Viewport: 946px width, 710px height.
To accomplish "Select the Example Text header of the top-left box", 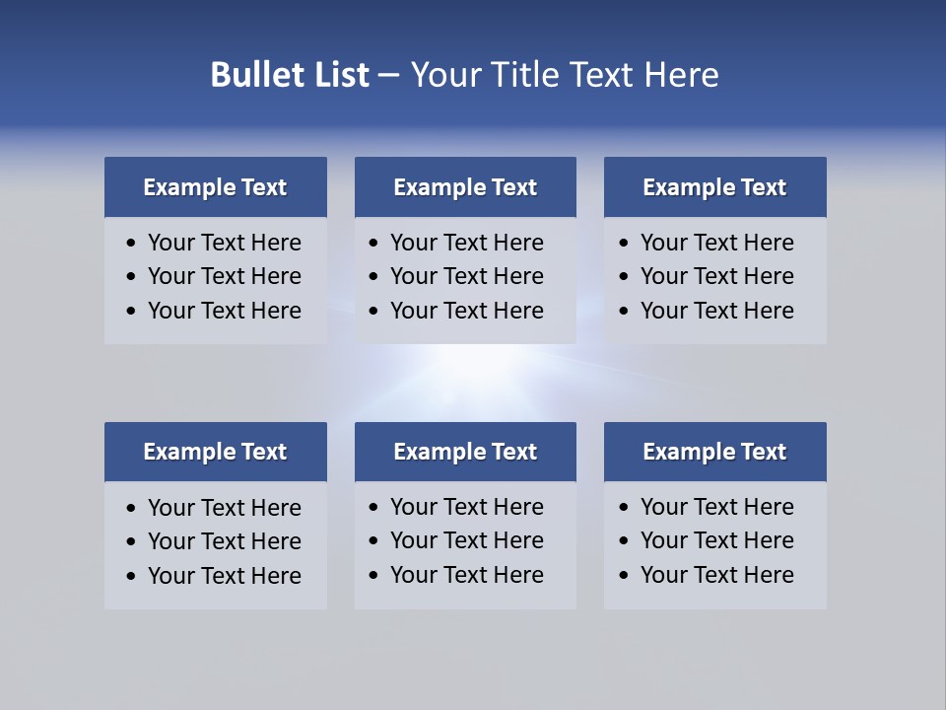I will tap(215, 187).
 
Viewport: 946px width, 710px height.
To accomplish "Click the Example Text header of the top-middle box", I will tap(465, 187).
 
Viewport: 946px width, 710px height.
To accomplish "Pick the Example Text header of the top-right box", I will tap(714, 187).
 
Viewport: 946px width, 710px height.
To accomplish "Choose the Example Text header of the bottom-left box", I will tap(215, 452).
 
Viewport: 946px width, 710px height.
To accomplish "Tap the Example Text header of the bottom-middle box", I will tap(465, 452).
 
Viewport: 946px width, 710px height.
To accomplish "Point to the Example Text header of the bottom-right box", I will tap(714, 452).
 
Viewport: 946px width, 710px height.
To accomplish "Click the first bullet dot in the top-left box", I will tap(132, 244).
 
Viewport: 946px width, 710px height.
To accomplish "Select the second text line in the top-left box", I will tap(225, 277).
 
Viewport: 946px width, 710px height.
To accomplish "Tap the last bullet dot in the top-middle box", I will tap(373, 312).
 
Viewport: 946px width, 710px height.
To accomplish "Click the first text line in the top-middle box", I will tap(467, 243).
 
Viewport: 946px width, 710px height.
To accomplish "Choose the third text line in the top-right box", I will tap(717, 311).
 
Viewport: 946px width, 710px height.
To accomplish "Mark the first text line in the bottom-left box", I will tap(225, 508).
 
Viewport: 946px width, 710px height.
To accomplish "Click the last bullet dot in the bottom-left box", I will tap(132, 577).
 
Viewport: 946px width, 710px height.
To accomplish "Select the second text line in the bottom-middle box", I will tap(467, 540).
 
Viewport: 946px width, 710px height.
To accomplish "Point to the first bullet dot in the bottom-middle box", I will tap(373, 508).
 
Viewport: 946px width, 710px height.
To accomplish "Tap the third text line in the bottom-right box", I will tap(717, 575).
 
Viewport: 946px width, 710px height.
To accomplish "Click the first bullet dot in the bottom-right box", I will tap(624, 508).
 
